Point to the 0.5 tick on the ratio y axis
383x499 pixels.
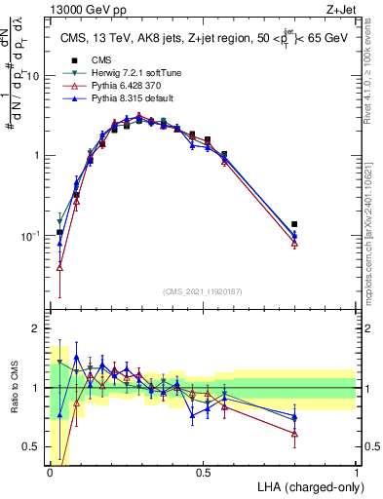coord(35,447)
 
